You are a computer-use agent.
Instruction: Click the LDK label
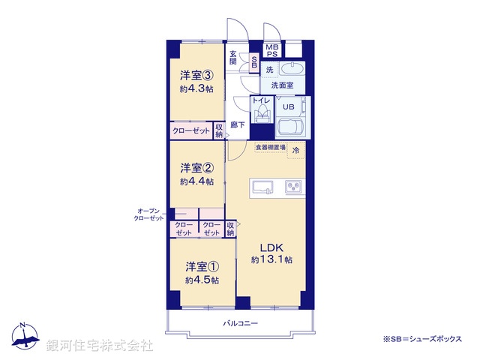271,247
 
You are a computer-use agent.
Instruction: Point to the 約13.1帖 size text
271,260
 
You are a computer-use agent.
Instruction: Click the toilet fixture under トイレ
262,115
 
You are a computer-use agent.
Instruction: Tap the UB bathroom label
289,106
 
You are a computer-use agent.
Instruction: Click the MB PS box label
271,50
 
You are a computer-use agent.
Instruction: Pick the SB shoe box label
254,63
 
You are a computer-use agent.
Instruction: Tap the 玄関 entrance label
233,58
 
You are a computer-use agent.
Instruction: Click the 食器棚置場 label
270,147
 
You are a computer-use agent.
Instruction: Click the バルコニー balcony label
240,323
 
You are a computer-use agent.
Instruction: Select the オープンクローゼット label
148,214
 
